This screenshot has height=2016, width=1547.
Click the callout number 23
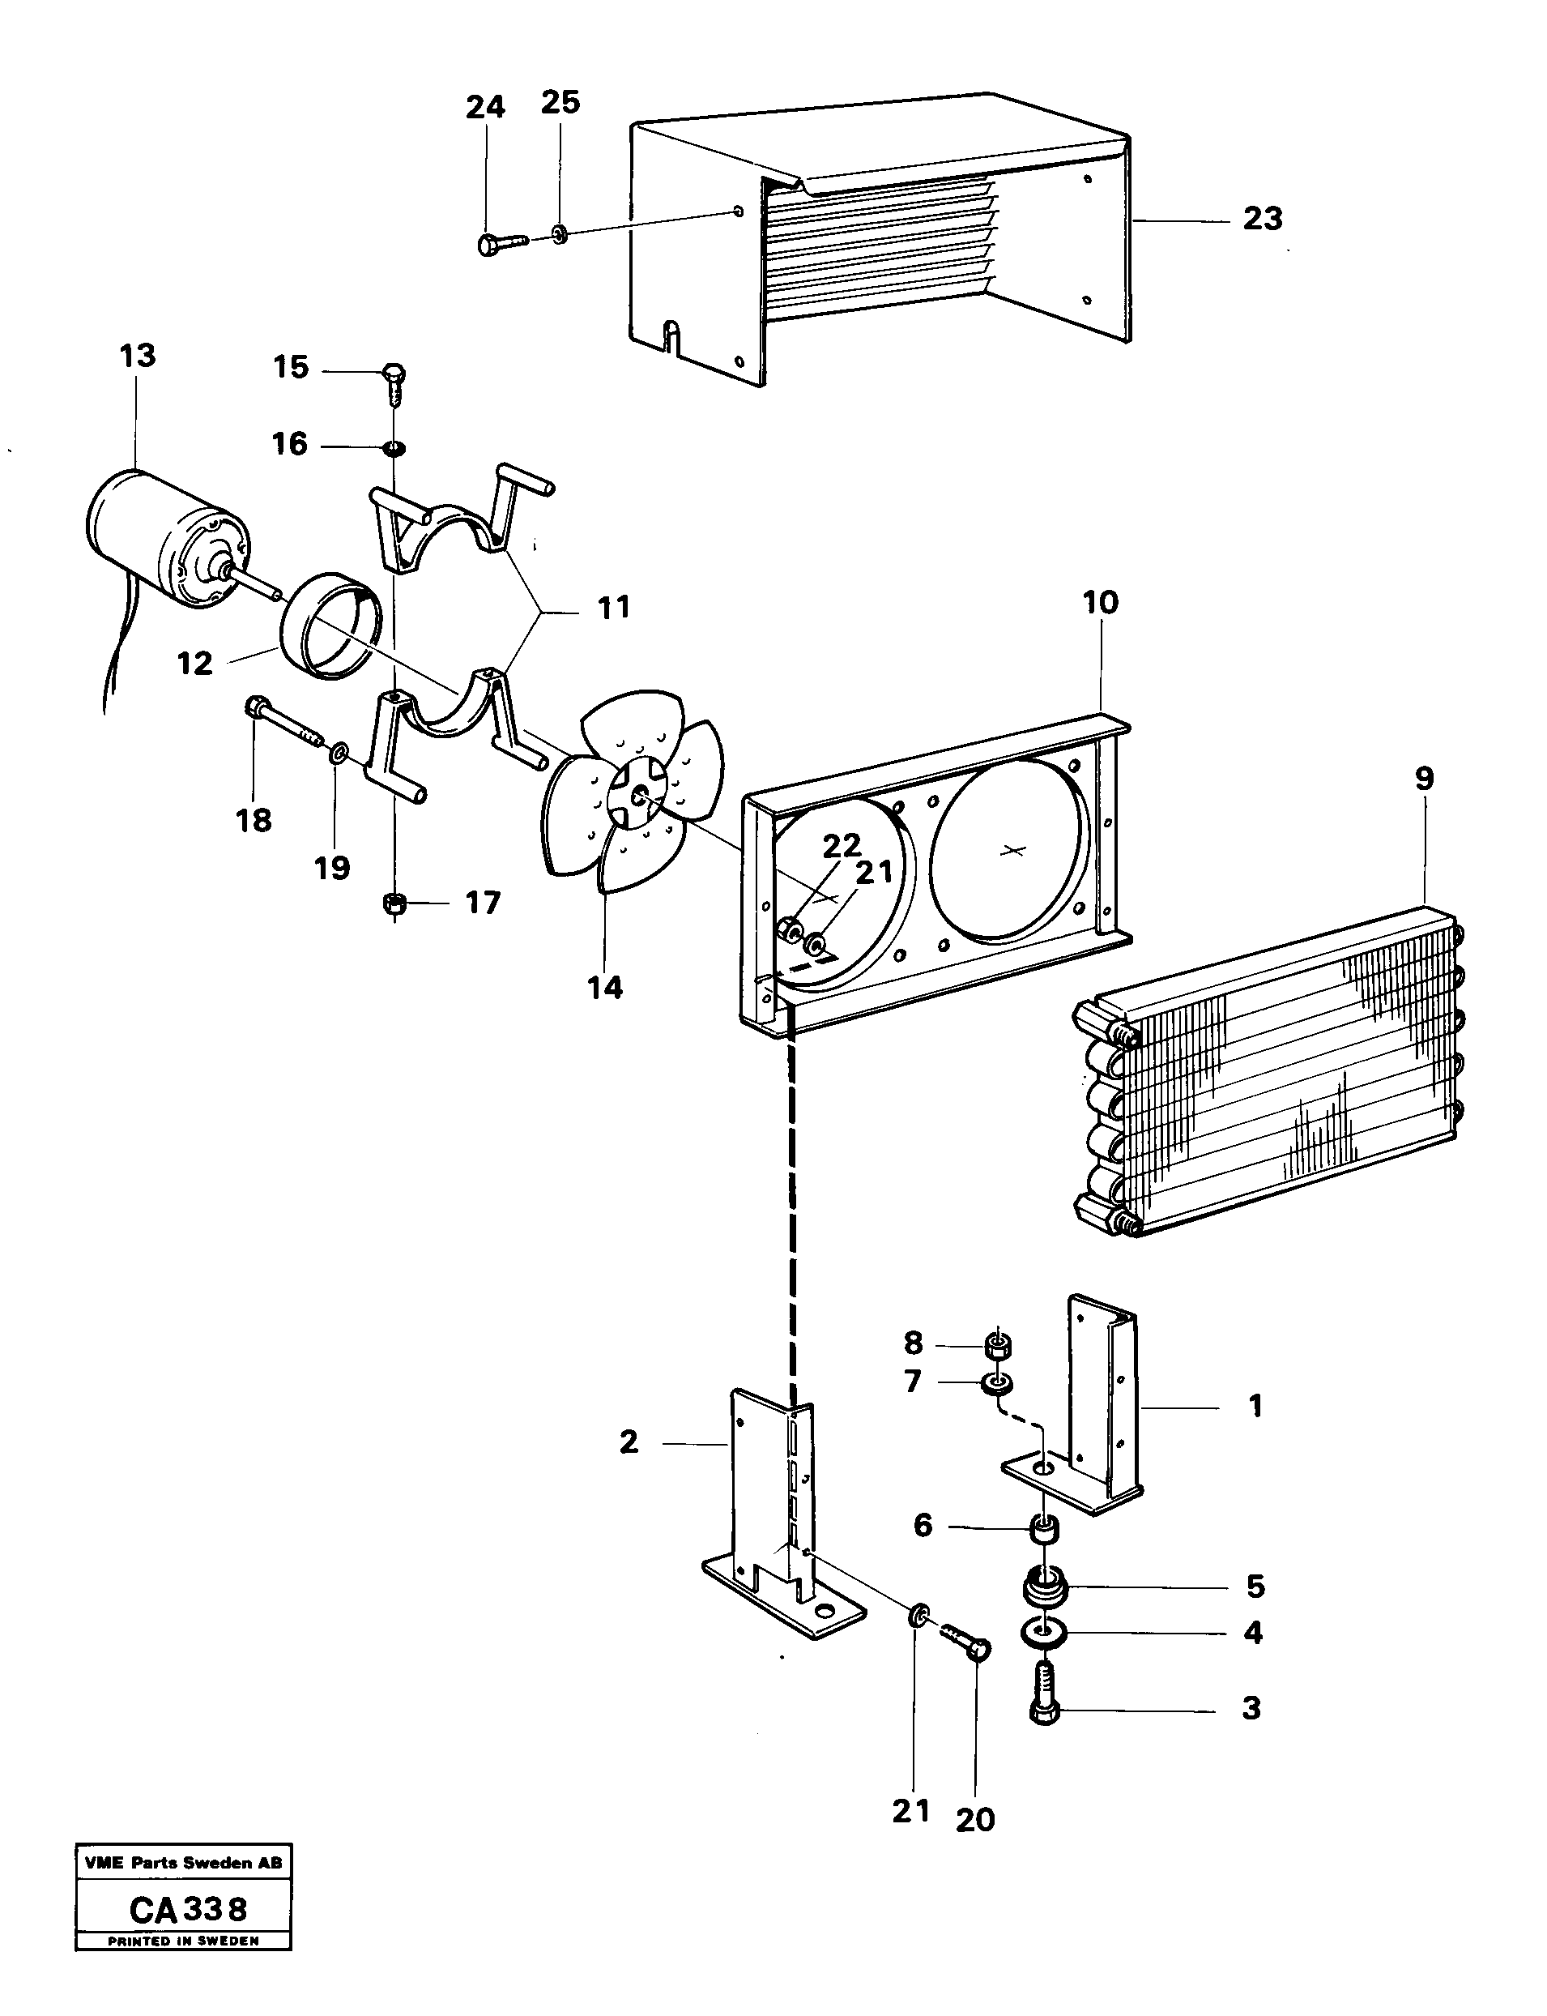coord(1263,220)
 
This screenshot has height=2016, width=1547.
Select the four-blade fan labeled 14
coord(632,790)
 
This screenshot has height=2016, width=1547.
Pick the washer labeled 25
coord(560,236)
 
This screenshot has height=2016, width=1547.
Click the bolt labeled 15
coord(394,384)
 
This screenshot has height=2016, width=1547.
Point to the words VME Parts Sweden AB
coord(183,1863)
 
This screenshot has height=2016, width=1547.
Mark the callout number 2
coord(629,1442)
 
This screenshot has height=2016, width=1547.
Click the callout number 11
coord(614,608)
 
